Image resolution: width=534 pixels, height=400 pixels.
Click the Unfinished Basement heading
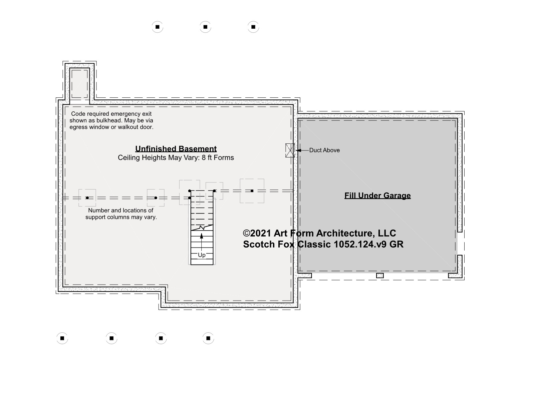coord(176,148)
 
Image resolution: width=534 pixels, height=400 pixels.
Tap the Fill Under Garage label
coord(377,195)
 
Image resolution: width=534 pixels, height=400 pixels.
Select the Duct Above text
coord(324,150)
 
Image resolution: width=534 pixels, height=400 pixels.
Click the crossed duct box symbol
coord(290,150)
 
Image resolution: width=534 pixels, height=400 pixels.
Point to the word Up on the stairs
coord(202,255)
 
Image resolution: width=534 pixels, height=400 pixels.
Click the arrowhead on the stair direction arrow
coord(202,236)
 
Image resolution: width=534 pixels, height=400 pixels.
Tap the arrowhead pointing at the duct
coord(298,150)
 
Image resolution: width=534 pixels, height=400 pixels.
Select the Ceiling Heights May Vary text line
coord(176,157)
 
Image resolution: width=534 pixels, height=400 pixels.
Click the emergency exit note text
coord(111,120)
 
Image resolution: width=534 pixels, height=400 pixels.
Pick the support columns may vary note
coord(121,214)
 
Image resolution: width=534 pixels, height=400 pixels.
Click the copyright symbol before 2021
coord(246,233)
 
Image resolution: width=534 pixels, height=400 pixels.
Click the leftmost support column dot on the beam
coord(87,198)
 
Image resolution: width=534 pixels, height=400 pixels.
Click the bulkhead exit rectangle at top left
coord(79,84)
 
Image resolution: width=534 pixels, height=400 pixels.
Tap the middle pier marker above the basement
coord(205,27)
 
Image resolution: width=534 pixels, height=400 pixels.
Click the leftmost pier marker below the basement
coord(62,338)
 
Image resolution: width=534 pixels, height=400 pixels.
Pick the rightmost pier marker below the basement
coord(208,338)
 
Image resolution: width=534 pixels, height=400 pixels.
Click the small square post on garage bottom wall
coord(380,276)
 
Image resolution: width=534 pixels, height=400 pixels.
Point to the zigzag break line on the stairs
coord(202,228)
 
